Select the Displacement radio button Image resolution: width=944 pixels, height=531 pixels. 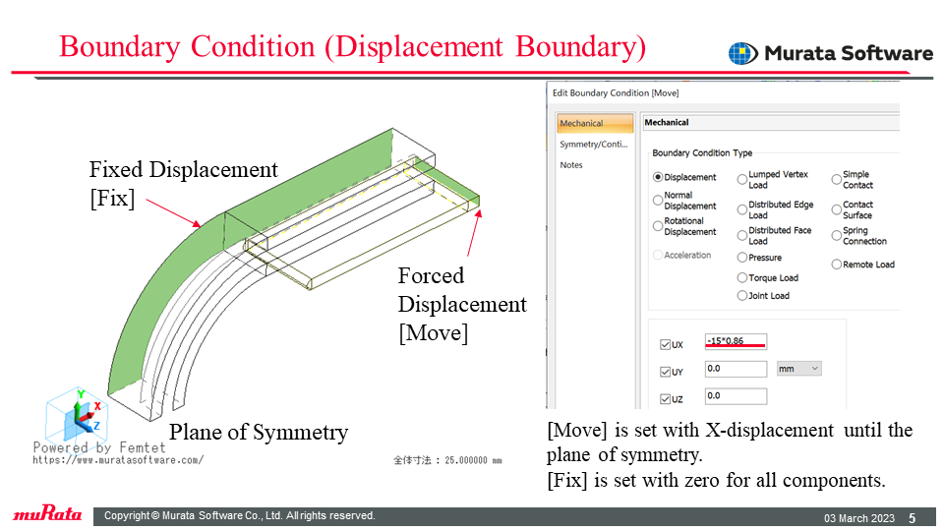658,177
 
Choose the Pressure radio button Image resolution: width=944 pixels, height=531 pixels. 742,258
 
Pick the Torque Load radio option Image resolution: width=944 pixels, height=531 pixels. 742,277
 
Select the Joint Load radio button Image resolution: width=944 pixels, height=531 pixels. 742,296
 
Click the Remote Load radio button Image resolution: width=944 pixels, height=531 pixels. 836,265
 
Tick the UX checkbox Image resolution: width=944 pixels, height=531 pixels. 666,344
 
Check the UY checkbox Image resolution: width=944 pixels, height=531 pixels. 666,372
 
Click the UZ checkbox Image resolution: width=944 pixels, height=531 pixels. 666,398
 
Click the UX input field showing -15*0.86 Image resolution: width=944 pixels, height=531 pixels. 736,341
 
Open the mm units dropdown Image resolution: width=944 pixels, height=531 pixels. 798,369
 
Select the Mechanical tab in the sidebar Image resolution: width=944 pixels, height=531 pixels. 595,123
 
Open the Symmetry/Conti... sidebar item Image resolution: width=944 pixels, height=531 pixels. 594,145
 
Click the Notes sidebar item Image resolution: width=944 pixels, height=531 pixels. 571,165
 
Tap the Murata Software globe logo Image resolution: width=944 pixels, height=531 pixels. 743,53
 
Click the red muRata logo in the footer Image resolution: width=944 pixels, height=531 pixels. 47,513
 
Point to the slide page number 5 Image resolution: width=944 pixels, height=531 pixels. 913,518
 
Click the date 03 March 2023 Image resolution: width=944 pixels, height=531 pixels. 859,518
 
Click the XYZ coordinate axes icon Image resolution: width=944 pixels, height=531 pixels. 78,415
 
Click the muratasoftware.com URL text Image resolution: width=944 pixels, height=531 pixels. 118,460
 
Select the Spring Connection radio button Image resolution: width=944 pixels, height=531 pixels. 836,235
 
